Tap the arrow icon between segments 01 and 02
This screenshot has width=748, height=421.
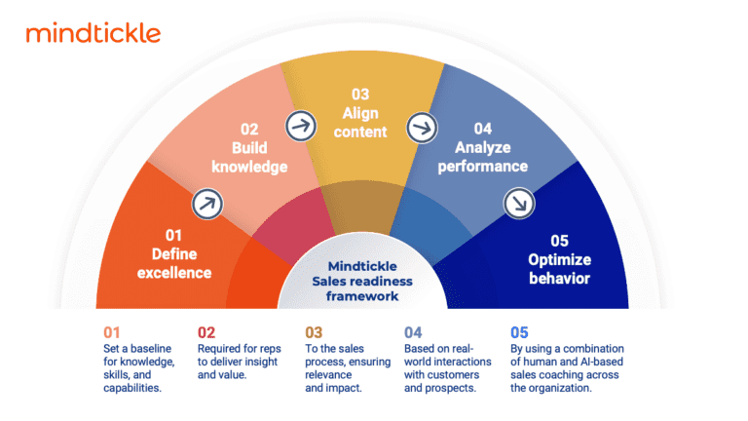[206, 203]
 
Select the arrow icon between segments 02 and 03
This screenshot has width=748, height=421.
[300, 125]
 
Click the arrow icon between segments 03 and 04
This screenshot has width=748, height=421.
[422, 126]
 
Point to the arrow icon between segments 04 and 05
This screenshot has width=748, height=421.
[515, 204]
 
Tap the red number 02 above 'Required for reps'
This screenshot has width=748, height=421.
[206, 331]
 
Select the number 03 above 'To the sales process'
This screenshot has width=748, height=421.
[314, 331]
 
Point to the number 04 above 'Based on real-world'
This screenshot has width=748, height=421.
[413, 331]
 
